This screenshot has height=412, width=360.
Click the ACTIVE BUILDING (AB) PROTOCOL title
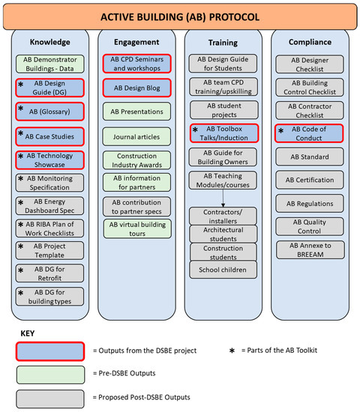(x=180, y=16)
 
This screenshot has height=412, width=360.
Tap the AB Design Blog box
(x=136, y=88)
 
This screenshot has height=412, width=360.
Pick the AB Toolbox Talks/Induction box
(x=222, y=133)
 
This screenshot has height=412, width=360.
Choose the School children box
(x=222, y=269)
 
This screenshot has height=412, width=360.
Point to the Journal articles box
(x=136, y=136)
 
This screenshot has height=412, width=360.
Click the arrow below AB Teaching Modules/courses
(x=222, y=199)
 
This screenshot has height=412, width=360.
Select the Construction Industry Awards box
(x=136, y=159)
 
